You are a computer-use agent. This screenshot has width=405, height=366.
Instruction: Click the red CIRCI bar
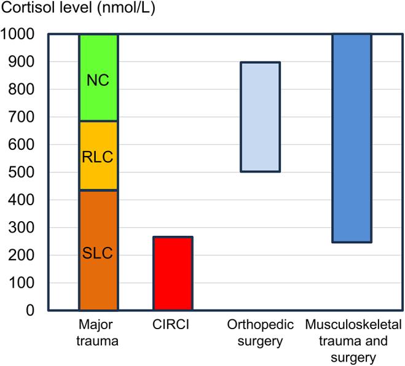(173, 273)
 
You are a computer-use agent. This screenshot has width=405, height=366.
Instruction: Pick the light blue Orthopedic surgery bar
(260, 117)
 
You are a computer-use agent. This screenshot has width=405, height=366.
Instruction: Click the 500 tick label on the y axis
(22, 173)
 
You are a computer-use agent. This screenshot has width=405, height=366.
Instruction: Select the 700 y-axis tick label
(22, 117)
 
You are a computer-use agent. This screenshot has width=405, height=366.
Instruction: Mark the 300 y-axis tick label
(22, 228)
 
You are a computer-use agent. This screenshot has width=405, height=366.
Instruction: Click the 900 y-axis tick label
(22, 62)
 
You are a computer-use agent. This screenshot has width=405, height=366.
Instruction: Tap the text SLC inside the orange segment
(98, 254)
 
